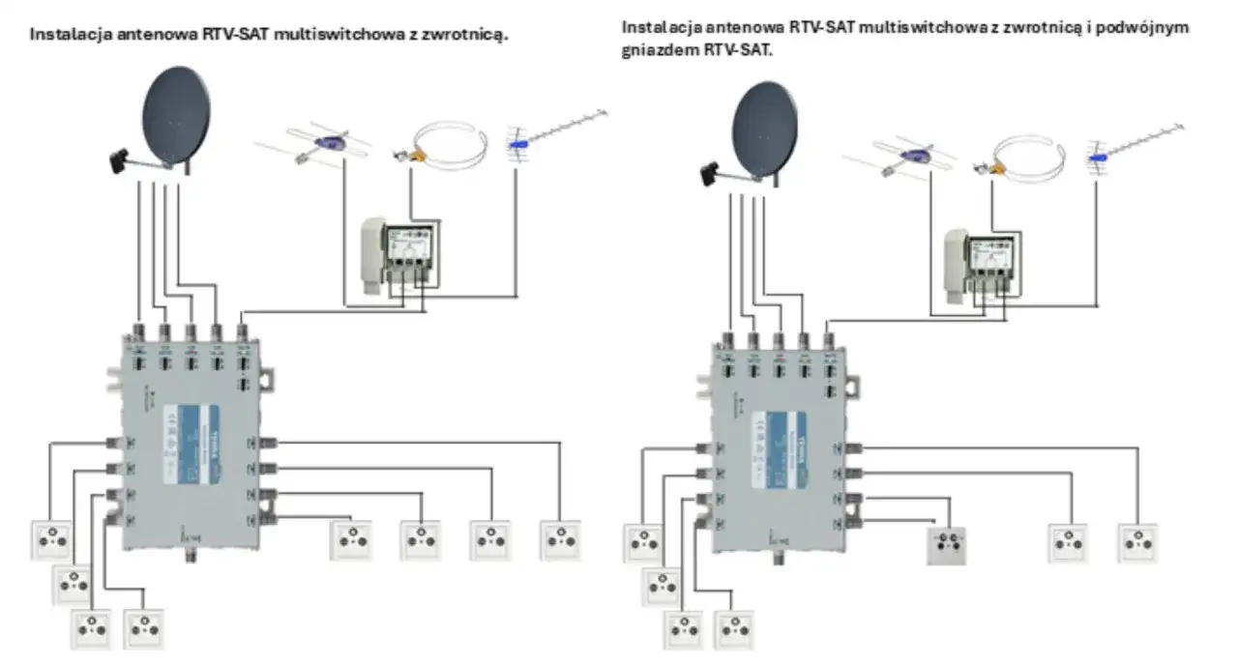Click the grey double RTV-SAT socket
point(949,546)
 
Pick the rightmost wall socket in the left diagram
point(559,540)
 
